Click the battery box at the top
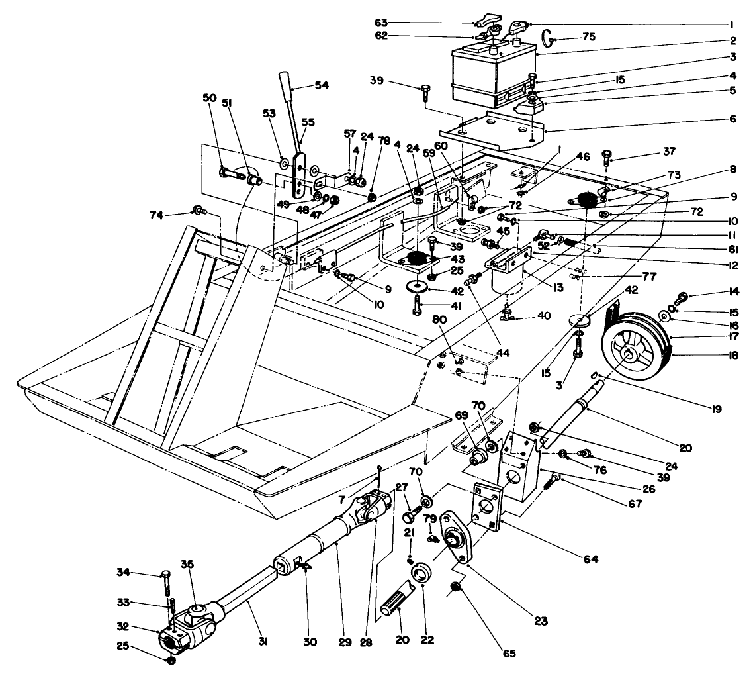[x=491, y=73]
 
